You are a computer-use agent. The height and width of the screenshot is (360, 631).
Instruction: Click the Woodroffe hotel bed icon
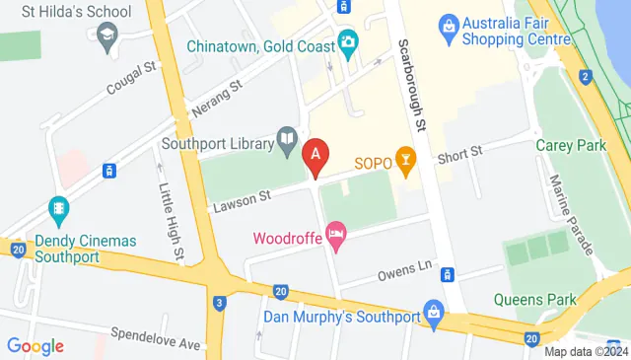336,237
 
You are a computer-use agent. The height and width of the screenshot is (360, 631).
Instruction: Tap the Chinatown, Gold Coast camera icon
347,42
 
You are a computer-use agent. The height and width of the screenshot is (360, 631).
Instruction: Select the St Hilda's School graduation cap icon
105,36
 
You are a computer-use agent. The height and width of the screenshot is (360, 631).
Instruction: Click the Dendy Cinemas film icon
59,210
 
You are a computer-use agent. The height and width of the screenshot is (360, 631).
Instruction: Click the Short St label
459,154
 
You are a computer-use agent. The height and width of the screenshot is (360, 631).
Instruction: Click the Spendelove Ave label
155,333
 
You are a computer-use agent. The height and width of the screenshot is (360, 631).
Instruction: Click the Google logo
35,346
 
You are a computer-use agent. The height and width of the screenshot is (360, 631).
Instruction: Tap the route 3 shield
219,302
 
